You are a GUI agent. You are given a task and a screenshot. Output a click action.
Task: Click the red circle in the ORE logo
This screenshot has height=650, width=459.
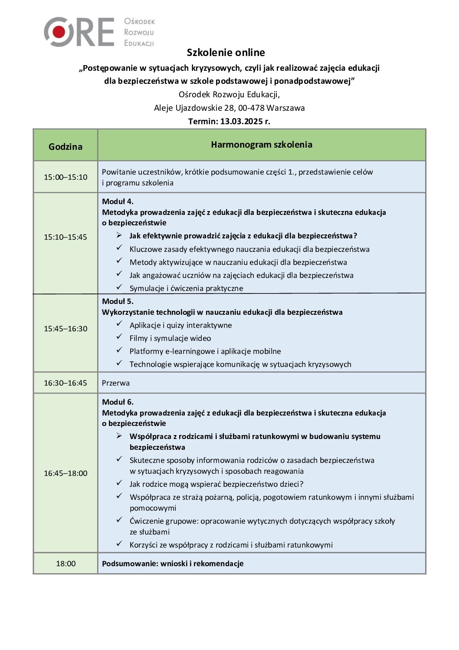coord(59,32)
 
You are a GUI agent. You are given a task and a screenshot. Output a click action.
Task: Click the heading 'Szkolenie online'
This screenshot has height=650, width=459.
coord(226,53)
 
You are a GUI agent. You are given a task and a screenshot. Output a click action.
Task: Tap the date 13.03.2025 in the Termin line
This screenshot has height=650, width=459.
coord(242,121)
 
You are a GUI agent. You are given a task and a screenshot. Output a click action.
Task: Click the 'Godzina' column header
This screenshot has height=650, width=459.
coord(66,146)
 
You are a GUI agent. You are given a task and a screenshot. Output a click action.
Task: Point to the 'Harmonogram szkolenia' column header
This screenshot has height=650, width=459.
coord(262,145)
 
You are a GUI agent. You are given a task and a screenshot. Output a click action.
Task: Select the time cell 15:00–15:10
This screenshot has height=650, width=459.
coord(66,177)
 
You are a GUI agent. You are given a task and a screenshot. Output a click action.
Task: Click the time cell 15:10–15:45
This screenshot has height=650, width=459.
coord(66,237)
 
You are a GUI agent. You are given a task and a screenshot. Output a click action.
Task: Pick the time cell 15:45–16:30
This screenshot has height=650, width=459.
coord(66,329)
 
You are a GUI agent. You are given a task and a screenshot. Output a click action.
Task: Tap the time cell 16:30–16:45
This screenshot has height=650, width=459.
coord(66,383)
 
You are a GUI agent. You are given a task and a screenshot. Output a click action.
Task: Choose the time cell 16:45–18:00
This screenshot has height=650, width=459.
coord(66,473)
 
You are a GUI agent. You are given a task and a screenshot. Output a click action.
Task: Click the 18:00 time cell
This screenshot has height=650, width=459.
coord(66,564)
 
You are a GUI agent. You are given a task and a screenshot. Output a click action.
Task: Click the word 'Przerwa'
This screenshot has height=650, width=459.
coord(116,383)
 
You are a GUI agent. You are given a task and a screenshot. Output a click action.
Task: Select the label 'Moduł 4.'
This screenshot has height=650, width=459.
coord(118,201)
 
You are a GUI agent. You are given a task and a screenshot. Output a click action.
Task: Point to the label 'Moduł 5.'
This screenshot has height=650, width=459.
coord(118,301)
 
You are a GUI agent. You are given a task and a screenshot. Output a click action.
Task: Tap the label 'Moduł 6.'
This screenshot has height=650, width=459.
coord(118,402)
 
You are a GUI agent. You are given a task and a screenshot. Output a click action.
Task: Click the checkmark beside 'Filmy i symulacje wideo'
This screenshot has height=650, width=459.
coord(119,337)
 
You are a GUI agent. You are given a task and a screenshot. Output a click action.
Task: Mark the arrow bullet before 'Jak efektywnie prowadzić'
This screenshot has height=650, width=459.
coord(119,235)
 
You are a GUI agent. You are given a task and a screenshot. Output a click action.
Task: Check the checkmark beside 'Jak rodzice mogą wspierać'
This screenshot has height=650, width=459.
coord(119,483)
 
